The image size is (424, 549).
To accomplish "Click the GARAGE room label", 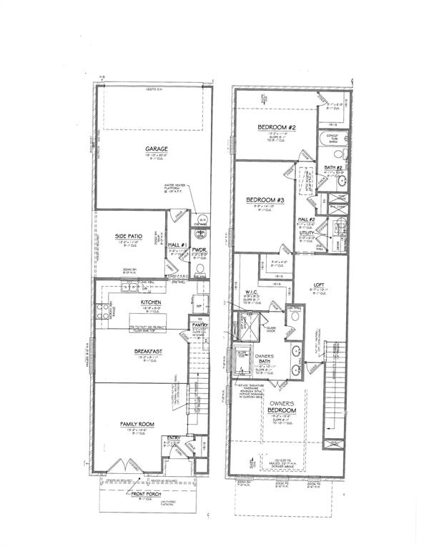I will click(x=153, y=149).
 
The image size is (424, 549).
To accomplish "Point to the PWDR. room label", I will click(x=199, y=249).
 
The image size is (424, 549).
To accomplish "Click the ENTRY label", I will click(x=174, y=438).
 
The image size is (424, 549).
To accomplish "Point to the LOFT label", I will click(x=320, y=285).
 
